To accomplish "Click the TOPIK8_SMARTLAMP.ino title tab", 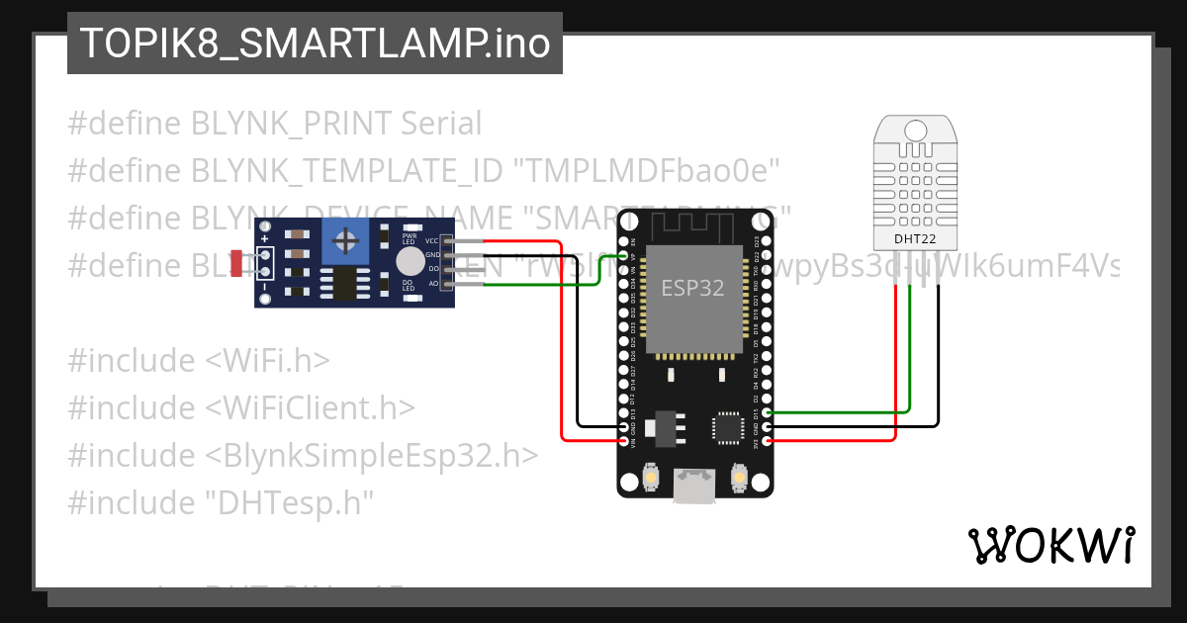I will pos(315,44).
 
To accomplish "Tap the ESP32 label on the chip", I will pos(692,288).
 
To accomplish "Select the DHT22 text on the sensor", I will pos(916,238).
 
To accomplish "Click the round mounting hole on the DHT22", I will pos(916,130).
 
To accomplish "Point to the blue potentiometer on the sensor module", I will pos(345,240).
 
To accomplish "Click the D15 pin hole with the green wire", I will pos(768,412).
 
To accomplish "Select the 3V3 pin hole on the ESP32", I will pos(768,439).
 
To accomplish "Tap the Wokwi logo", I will pos(1050,545).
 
